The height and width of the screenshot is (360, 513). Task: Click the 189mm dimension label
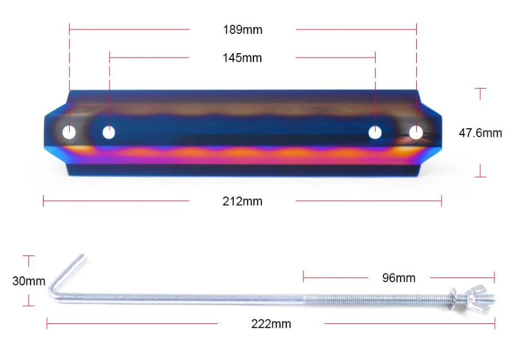pyautogui.click(x=242, y=29)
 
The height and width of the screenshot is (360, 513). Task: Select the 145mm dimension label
pyautogui.click(x=242, y=58)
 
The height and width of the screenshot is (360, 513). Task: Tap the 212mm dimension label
pyautogui.click(x=242, y=201)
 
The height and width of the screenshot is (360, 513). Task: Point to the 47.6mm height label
pyautogui.click(x=480, y=133)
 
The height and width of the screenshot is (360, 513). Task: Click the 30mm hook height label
pyautogui.click(x=28, y=281)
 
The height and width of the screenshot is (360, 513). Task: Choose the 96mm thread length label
pyautogui.click(x=398, y=277)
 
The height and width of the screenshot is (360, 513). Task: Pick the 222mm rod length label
pyautogui.click(x=271, y=324)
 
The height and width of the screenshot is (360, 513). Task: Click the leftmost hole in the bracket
pyautogui.click(x=69, y=133)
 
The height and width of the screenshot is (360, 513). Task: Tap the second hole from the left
pyautogui.click(x=109, y=133)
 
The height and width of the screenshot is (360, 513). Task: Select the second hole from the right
pyautogui.click(x=375, y=133)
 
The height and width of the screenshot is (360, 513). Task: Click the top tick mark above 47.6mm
pyautogui.click(x=480, y=89)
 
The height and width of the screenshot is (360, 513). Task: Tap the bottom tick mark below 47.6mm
pyautogui.click(x=480, y=176)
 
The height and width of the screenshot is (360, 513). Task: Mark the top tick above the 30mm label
pyautogui.click(x=28, y=257)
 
